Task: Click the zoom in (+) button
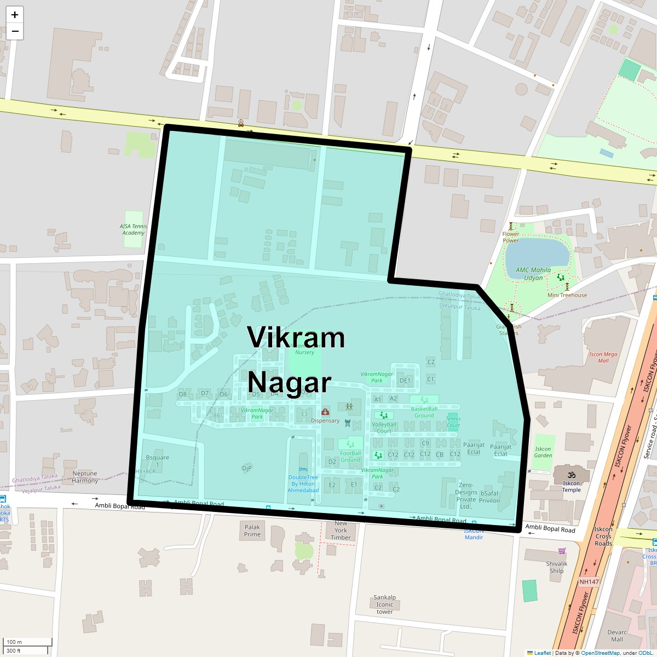click(x=15, y=15)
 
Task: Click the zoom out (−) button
click(x=15, y=31)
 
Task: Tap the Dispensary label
click(x=325, y=420)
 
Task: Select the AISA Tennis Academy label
click(x=134, y=229)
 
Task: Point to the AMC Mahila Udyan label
click(x=533, y=274)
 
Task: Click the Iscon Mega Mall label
click(x=603, y=357)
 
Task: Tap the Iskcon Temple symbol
click(x=572, y=475)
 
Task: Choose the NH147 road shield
click(x=589, y=582)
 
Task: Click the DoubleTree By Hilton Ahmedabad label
click(x=303, y=484)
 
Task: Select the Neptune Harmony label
click(x=85, y=477)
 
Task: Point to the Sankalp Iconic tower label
click(x=385, y=604)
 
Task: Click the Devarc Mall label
click(x=617, y=636)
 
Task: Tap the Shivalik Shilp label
click(x=557, y=567)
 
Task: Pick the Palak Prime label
click(x=252, y=531)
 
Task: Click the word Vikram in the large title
click(x=296, y=337)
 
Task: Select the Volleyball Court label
click(x=384, y=428)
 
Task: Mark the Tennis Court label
click(x=453, y=422)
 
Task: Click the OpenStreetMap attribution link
click(x=600, y=653)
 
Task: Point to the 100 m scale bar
click(x=27, y=642)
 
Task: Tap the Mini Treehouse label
click(x=567, y=295)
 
